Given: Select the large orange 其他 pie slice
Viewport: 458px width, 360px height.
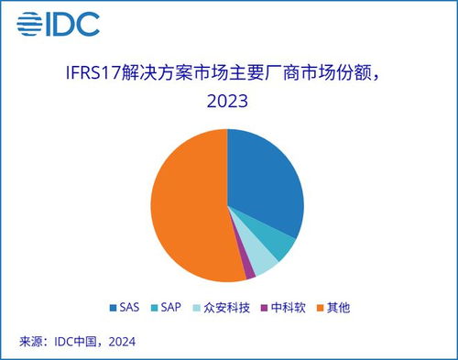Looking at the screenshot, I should coord(188,206).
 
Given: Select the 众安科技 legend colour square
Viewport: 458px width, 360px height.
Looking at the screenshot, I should coord(210,308).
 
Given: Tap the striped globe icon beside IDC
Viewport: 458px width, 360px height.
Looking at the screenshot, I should coord(30,25).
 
